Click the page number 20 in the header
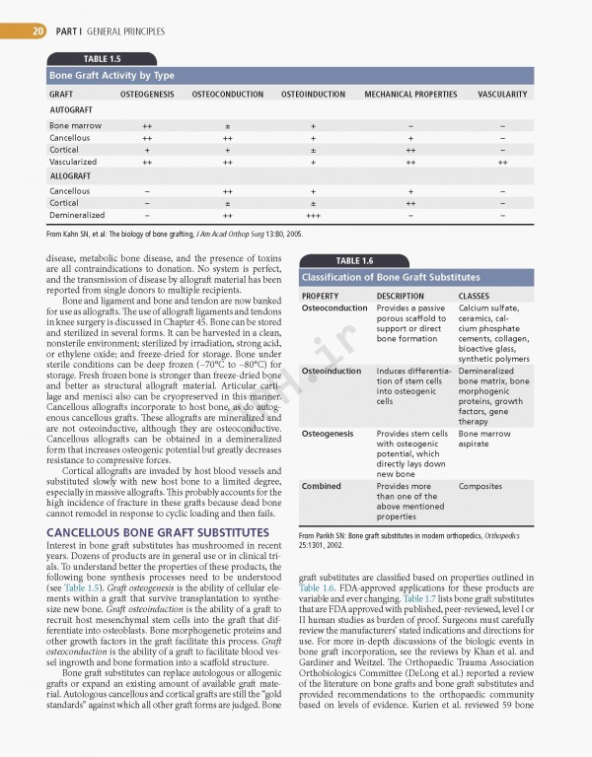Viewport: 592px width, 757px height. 37,32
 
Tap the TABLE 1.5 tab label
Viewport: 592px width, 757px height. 102,59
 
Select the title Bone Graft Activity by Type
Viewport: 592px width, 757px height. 111,75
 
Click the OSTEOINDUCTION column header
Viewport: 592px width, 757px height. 313,95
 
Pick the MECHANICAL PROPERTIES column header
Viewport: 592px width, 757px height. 410,95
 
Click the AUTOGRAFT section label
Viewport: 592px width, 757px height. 71,110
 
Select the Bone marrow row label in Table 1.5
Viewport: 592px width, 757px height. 75,126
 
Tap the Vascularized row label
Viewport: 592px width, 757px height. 73,162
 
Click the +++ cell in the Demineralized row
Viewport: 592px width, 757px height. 313,215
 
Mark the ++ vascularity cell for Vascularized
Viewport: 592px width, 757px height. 502,162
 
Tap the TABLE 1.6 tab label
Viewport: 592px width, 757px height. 354,260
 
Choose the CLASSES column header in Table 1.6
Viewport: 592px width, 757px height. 479,296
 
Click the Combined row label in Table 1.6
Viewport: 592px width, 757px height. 322,486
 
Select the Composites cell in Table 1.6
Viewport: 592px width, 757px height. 481,486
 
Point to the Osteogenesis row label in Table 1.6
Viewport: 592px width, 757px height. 330,434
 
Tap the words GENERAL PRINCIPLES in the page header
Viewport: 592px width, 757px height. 123,32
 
